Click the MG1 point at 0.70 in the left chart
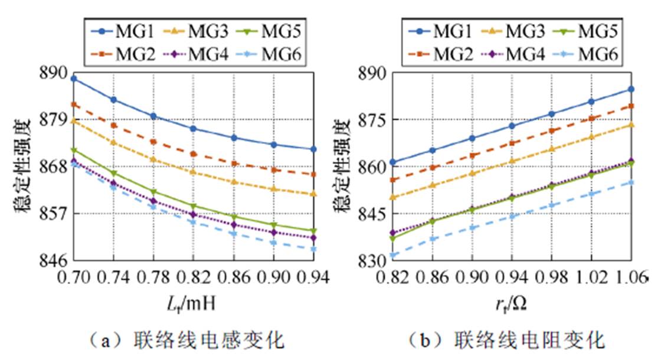tap(74, 78)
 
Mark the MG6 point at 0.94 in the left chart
tap(313, 249)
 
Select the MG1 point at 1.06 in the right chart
tap(631, 89)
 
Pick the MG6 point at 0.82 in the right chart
tap(392, 256)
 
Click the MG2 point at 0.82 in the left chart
tap(194, 154)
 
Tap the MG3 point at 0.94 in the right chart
tap(512, 161)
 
